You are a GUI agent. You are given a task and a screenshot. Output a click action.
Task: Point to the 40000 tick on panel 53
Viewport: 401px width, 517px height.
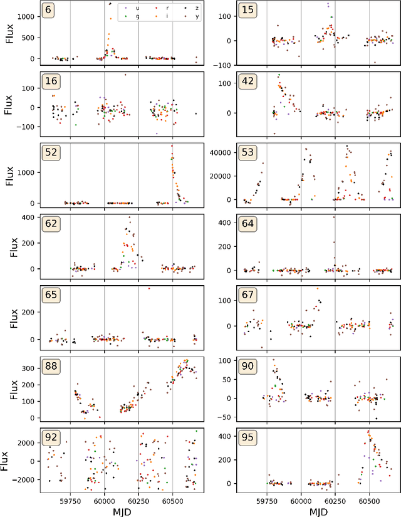(x=211, y=152)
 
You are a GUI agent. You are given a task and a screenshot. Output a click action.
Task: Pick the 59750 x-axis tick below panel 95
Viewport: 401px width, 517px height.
(x=267, y=501)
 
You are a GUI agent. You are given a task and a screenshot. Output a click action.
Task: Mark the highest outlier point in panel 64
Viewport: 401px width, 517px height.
(x=334, y=217)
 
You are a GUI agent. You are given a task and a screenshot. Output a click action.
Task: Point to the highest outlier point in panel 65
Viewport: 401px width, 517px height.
(x=148, y=288)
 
